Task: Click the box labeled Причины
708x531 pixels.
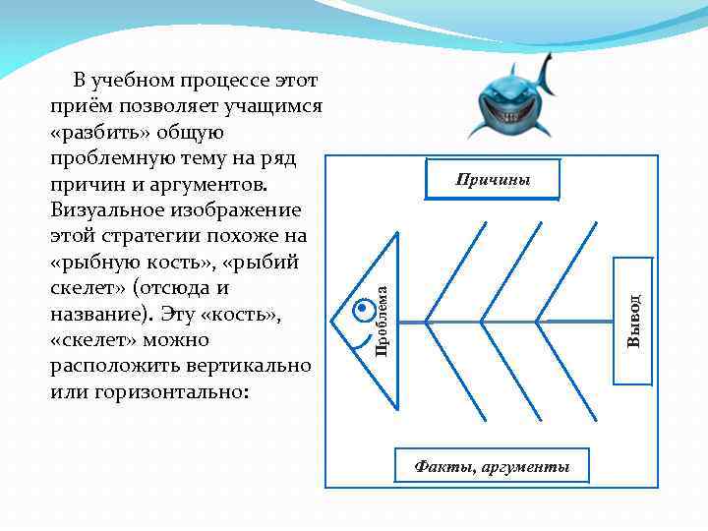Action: (x=493, y=180)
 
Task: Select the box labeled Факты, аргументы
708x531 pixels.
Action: (x=492, y=466)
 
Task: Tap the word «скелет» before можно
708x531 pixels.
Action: (x=93, y=340)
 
